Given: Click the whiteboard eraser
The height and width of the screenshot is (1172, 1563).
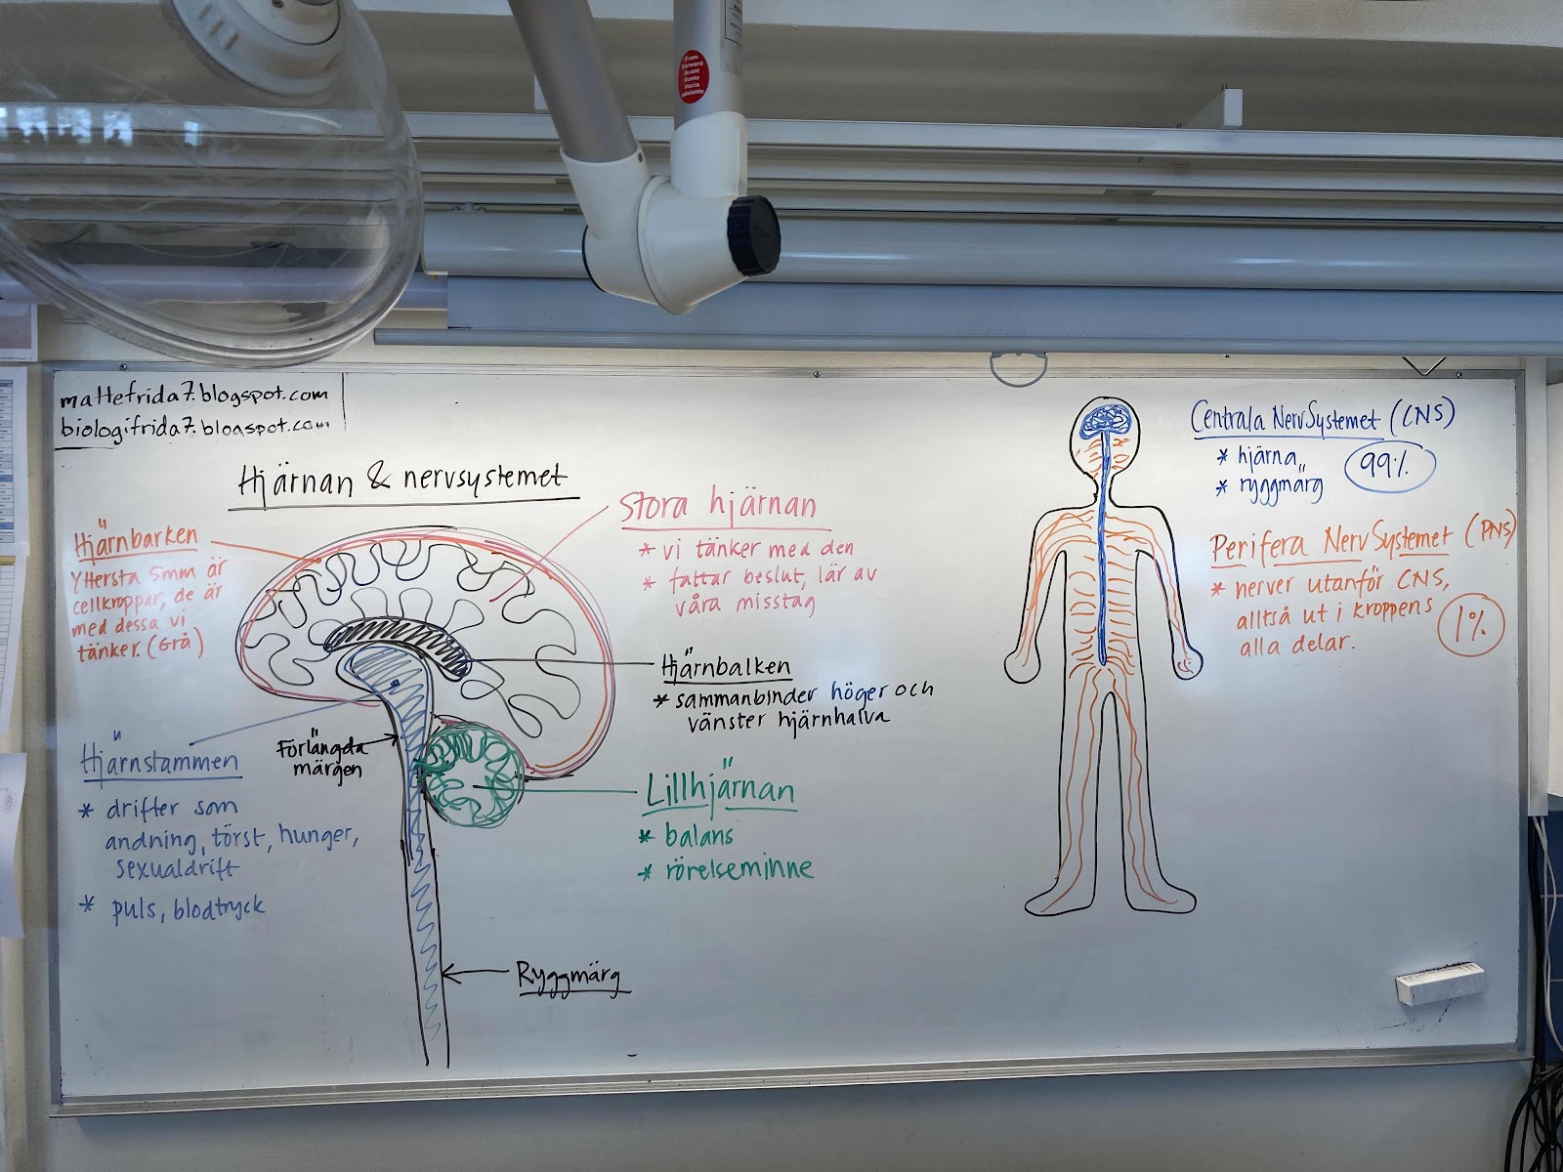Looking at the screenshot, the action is click(x=1439, y=983).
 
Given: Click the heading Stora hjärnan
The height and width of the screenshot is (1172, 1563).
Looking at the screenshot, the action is click(x=717, y=506).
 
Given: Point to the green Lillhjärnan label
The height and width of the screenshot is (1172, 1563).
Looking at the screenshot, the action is click(x=720, y=790).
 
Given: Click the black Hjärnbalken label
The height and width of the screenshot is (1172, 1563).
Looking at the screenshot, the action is click(x=726, y=667).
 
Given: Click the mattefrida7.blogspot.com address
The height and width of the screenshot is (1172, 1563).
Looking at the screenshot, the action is click(x=192, y=398).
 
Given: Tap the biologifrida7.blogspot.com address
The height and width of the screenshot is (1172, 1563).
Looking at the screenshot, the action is click(x=192, y=426).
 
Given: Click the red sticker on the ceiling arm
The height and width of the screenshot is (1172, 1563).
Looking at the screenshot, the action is click(x=692, y=76).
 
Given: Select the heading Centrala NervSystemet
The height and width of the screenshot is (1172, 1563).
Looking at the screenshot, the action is click(x=1285, y=419).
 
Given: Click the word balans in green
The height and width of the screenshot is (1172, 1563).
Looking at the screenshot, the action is click(x=698, y=836).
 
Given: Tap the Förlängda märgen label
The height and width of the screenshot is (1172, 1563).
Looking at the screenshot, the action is click(x=323, y=758).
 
